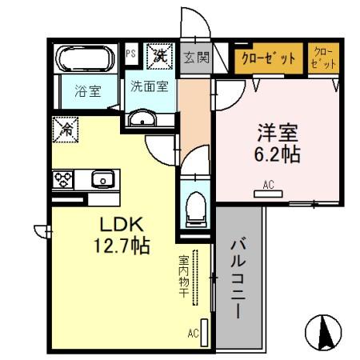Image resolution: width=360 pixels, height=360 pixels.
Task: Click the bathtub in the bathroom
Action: coord(86,58)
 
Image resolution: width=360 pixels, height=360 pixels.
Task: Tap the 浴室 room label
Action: coord(88,90)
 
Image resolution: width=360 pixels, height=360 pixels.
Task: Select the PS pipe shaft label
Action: coord(130,54)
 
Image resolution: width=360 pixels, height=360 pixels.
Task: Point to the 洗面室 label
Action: coord(150,86)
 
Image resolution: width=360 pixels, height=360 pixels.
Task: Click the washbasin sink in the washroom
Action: coord(144,120)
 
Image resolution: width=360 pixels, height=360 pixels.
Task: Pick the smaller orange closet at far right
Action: coord(323,58)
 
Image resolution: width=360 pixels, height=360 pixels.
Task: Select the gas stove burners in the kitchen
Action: coord(64,178)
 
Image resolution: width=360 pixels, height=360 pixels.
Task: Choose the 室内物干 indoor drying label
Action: coord(183,278)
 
